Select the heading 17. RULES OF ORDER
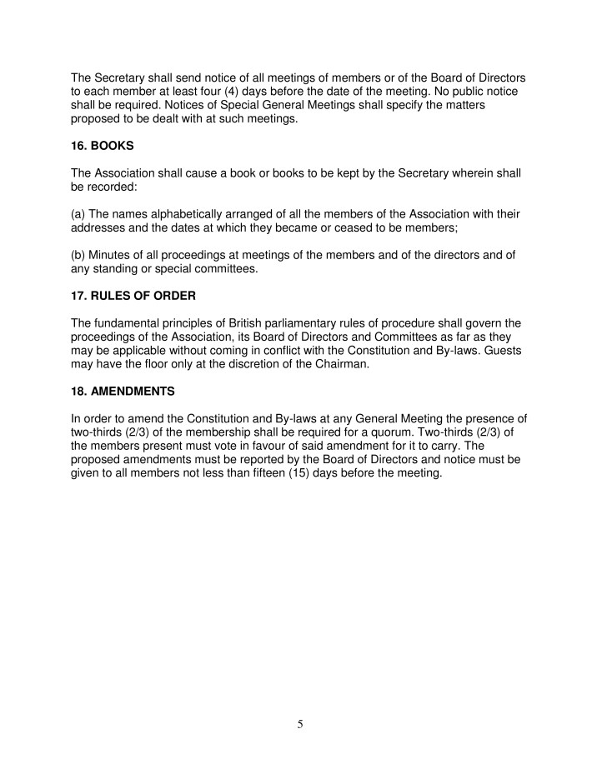[133, 296]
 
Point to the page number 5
[300, 724]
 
